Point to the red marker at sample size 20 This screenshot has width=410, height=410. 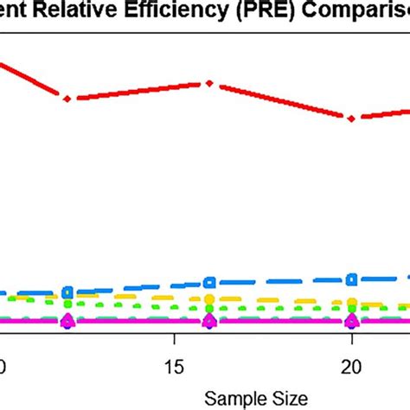point(351,119)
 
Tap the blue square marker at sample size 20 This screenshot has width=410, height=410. point(351,279)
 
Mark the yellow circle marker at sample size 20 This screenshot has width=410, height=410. point(351,303)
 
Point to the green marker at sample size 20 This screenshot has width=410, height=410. point(351,309)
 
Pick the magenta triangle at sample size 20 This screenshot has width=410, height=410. point(351,321)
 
